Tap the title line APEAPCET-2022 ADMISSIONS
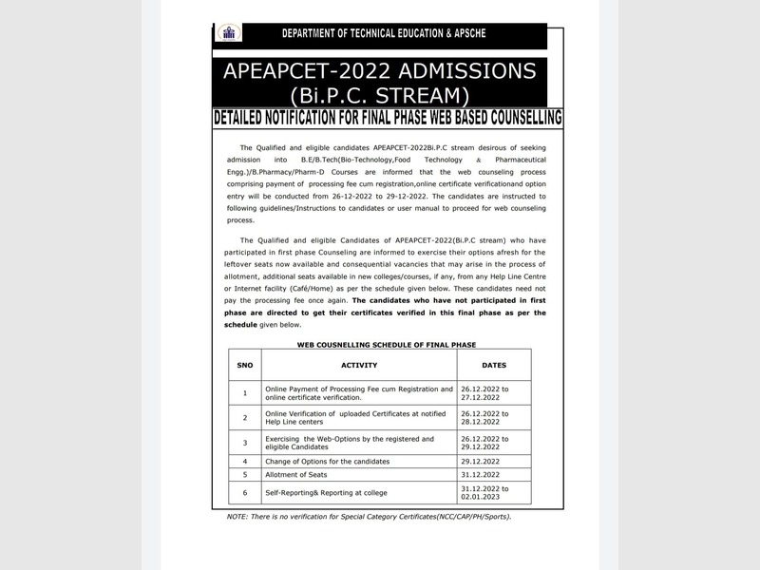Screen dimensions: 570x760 (x=379, y=71)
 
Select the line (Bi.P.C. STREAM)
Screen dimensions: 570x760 (x=379, y=95)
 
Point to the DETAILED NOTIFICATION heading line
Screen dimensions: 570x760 (x=388, y=118)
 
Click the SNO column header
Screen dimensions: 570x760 (x=244, y=365)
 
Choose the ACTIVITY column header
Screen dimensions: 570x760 (x=359, y=365)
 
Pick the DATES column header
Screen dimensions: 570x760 (x=494, y=365)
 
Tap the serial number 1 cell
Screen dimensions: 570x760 (x=244, y=392)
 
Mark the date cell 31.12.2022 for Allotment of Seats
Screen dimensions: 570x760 (x=494, y=474)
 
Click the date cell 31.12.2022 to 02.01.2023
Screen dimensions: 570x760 (x=492, y=493)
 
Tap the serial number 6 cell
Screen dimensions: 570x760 (x=244, y=493)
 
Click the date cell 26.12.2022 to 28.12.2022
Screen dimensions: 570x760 (x=492, y=417)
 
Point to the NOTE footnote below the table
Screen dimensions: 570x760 (x=369, y=516)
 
